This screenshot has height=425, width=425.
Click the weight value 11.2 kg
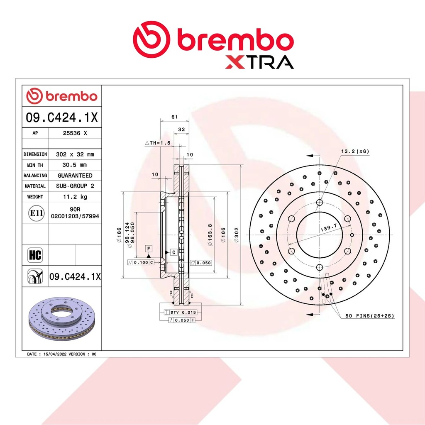(x=75, y=196)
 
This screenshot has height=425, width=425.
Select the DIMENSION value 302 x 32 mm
(x=75, y=154)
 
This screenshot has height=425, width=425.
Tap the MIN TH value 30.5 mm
(x=75, y=165)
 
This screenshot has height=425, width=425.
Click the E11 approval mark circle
(x=37, y=213)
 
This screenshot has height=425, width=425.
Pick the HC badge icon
(x=35, y=255)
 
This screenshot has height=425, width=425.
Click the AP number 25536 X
(x=75, y=133)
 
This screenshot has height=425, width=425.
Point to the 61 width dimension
(x=175, y=117)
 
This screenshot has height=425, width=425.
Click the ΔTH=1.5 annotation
(x=158, y=143)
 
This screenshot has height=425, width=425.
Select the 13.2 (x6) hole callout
(x=355, y=151)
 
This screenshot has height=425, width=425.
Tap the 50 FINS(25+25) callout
(x=370, y=316)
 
